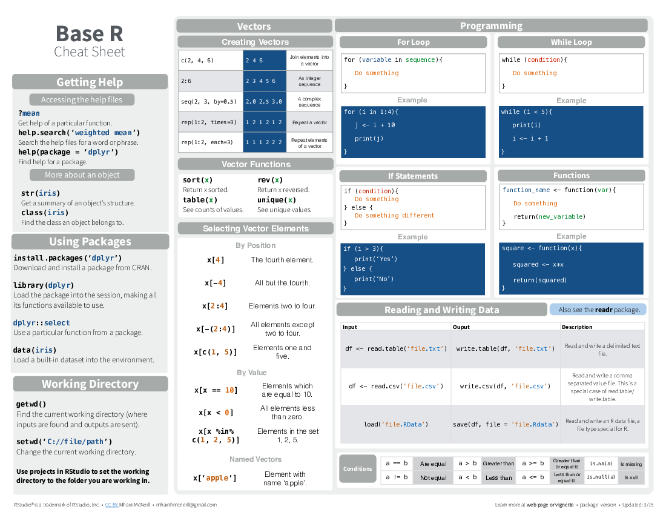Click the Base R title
pyautogui.click(x=89, y=33)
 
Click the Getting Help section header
pyautogui.click(x=90, y=82)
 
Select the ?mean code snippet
pyautogui.click(x=29, y=113)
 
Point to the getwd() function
pyautogui.click(x=31, y=404)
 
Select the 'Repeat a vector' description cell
pyautogui.click(x=309, y=122)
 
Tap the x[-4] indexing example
pyautogui.click(x=215, y=283)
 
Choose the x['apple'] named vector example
pyautogui.click(x=215, y=478)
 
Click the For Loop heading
pyautogui.click(x=413, y=42)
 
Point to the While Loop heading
pyautogui.click(x=571, y=42)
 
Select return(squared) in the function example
pyautogui.click(x=539, y=280)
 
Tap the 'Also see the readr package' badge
pyautogui.click(x=598, y=310)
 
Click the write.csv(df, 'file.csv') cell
pyautogui.click(x=505, y=386)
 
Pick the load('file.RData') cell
pyautogui.click(x=395, y=424)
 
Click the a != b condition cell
pyautogui.click(x=397, y=477)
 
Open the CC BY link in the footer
pyautogui.click(x=111, y=505)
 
